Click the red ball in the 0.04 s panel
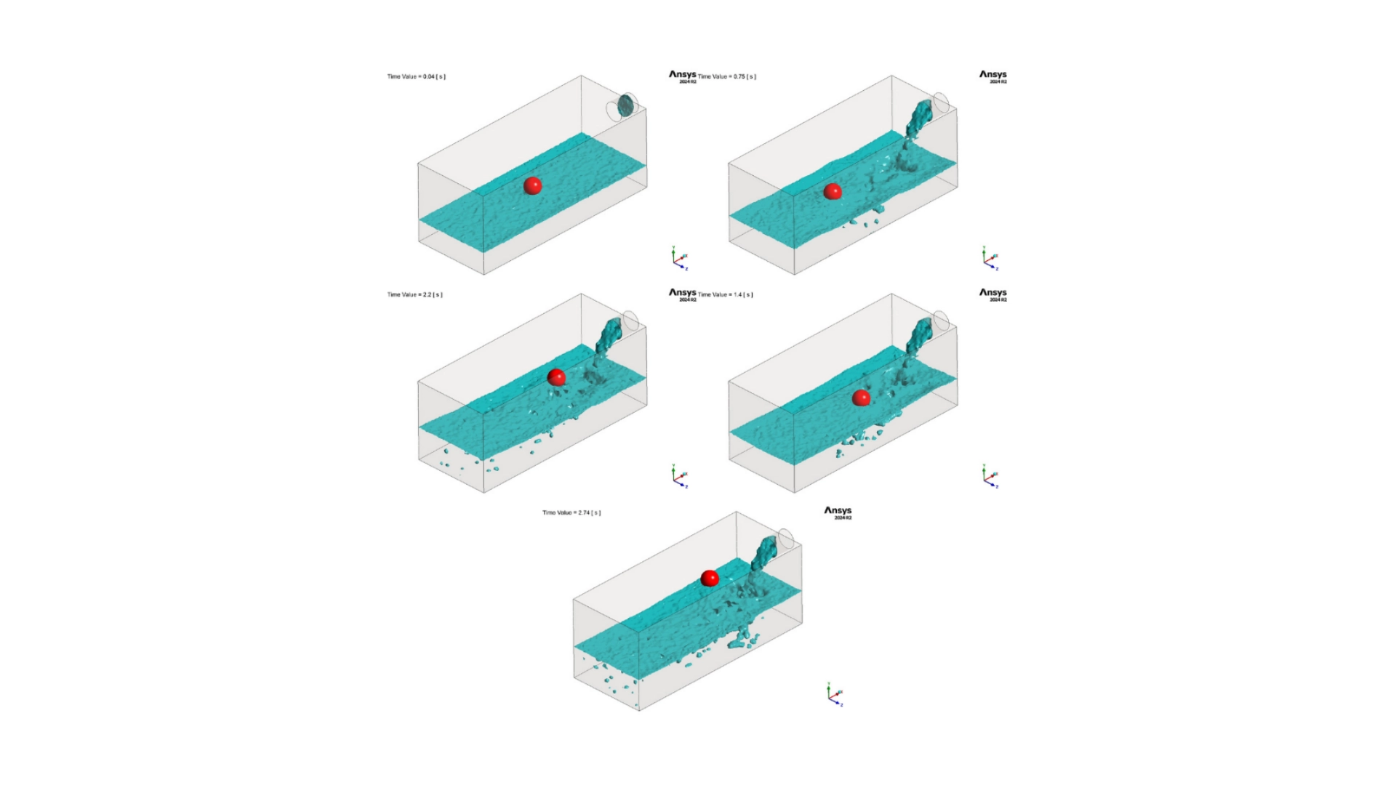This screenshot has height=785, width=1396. tap(532, 185)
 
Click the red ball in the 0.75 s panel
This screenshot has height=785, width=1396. tap(833, 191)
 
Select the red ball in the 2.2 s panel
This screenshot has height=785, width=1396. tap(556, 377)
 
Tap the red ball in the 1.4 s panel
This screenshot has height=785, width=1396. tap(861, 398)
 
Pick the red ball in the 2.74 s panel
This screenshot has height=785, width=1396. tap(710, 579)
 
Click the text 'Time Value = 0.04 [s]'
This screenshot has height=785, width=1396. tap(416, 76)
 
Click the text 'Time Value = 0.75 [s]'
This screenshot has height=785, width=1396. tap(726, 76)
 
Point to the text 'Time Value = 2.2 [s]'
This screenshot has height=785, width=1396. tap(414, 294)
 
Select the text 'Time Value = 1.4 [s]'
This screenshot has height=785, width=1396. tap(725, 294)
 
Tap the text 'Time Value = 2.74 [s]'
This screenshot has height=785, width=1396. tap(571, 512)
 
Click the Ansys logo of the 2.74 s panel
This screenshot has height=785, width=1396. tap(838, 512)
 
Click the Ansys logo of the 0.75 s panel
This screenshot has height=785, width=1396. tap(992, 76)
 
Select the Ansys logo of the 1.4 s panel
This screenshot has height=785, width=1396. tap(992, 294)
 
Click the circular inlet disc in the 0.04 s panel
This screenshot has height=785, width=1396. tap(625, 106)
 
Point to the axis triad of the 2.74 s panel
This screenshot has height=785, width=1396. tap(835, 695)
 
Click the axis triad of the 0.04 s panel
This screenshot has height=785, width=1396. tap(679, 259)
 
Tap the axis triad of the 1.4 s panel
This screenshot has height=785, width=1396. tap(990, 477)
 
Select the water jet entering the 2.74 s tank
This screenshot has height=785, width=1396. tap(764, 555)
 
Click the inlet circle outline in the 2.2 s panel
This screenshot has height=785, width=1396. tap(630, 321)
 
